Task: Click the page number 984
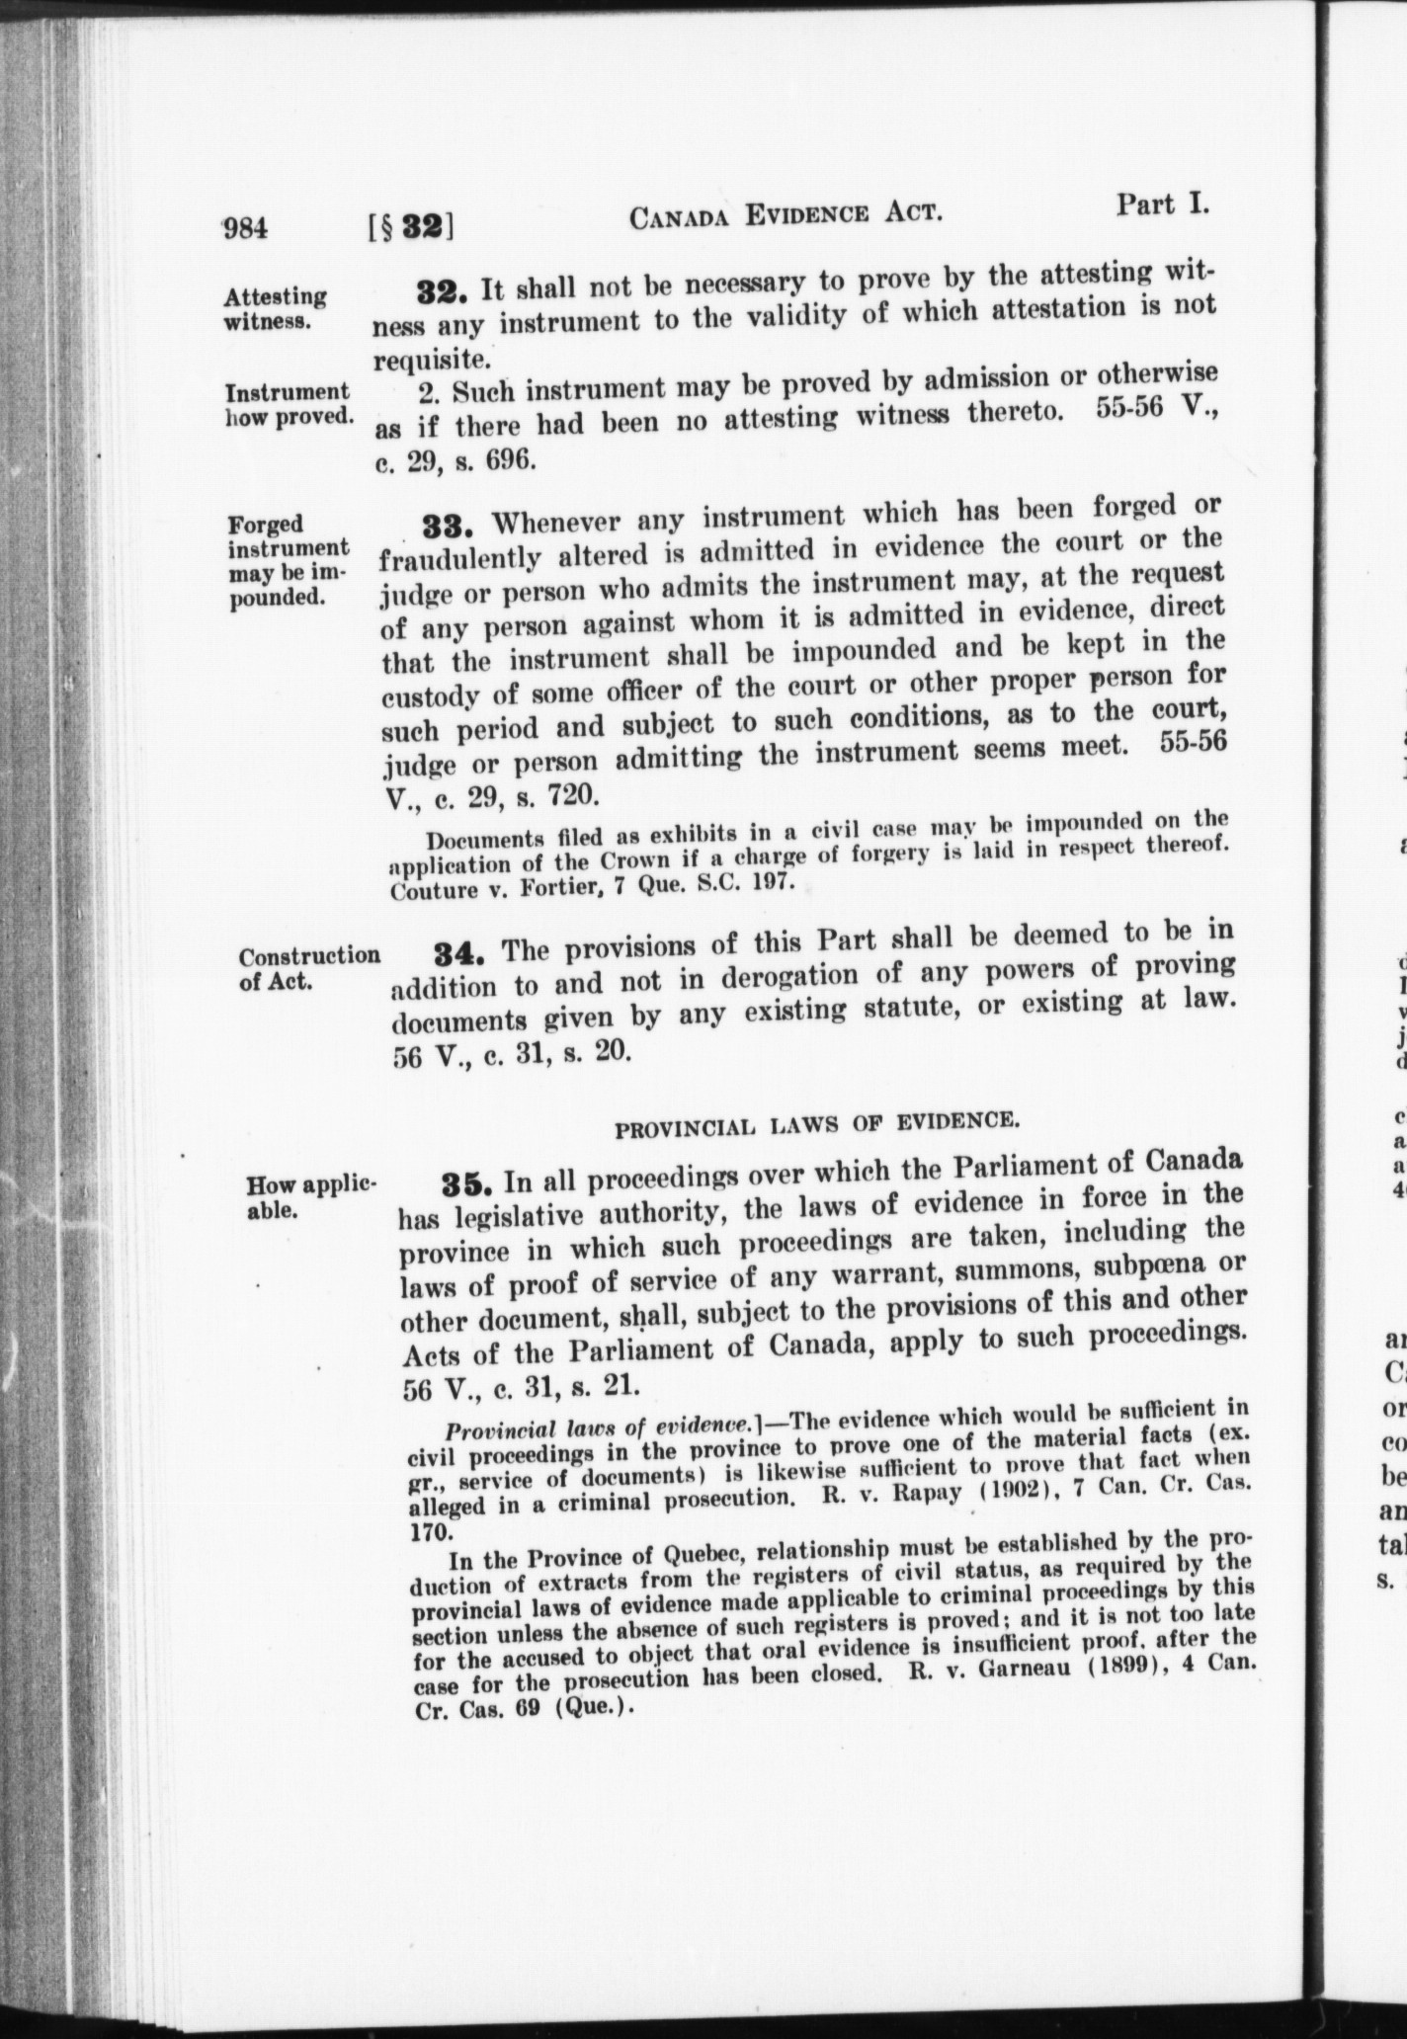point(246,229)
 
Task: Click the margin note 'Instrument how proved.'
point(288,404)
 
